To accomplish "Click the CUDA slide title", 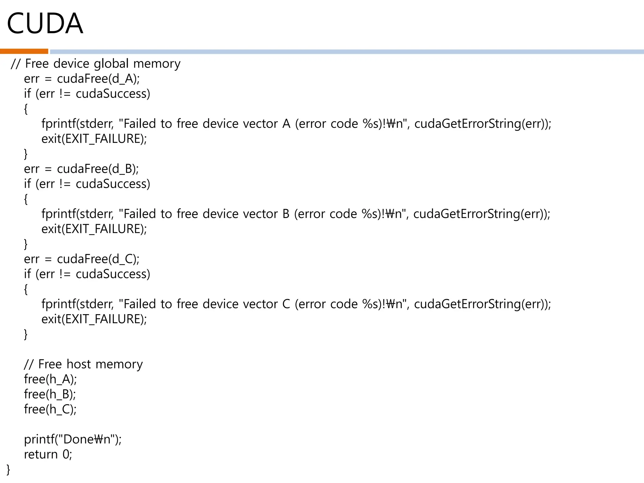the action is [45, 24].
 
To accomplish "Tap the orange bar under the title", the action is [24, 51].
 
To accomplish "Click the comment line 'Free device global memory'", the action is [96, 64].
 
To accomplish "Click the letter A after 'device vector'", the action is [286, 124].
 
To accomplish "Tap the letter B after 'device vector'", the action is [286, 214].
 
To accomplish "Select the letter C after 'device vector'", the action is [286, 304].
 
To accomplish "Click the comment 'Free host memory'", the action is [83, 364].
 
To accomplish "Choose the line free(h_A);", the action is [50, 379].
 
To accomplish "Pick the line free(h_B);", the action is [50, 394].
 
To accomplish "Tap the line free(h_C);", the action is [50, 409].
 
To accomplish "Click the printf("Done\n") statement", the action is [73, 439].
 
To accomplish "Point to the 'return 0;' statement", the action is [48, 454].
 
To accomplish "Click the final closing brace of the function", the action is [8, 469].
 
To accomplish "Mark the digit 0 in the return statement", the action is [66, 454].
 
